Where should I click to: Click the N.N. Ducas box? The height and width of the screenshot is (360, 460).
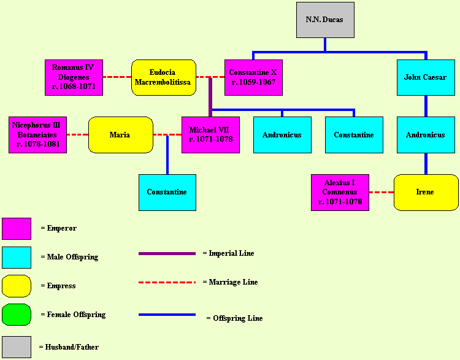pyautogui.click(x=324, y=20)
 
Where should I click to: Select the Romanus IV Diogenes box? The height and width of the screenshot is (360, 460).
pyautogui.click(x=74, y=77)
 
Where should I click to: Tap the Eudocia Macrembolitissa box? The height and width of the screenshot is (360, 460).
pyautogui.click(x=163, y=77)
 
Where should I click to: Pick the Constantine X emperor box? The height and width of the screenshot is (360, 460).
pyautogui.click(x=253, y=77)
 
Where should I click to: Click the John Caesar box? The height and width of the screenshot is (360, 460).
pyautogui.click(x=426, y=77)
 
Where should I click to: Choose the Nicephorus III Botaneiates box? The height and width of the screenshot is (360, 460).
pyautogui.click(x=37, y=135)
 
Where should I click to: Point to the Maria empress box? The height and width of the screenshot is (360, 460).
pyautogui.click(x=120, y=135)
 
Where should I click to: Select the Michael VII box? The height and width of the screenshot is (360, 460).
pyautogui.click(x=210, y=135)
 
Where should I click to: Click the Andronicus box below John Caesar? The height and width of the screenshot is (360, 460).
pyautogui.click(x=426, y=135)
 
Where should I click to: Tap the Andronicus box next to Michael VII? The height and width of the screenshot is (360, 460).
pyautogui.click(x=282, y=135)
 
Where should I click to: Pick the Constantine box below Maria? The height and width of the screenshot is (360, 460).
pyautogui.click(x=167, y=193)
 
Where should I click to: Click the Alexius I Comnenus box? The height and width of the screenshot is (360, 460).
pyautogui.click(x=340, y=193)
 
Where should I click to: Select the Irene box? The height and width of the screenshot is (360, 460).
pyautogui.click(x=426, y=193)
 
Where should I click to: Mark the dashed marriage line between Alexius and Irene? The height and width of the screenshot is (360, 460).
pyautogui.click(x=381, y=193)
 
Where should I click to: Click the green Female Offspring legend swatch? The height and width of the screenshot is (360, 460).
pyautogui.click(x=17, y=315)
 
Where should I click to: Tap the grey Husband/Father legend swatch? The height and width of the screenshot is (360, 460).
pyautogui.click(x=17, y=347)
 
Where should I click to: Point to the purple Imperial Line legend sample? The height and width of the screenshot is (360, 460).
pyautogui.click(x=167, y=253)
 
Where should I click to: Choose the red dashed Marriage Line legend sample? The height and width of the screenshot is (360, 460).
pyautogui.click(x=167, y=283)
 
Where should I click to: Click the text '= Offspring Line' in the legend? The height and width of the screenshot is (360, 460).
pyautogui.click(x=234, y=318)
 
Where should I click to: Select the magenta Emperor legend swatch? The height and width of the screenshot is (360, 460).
pyautogui.click(x=17, y=228)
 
